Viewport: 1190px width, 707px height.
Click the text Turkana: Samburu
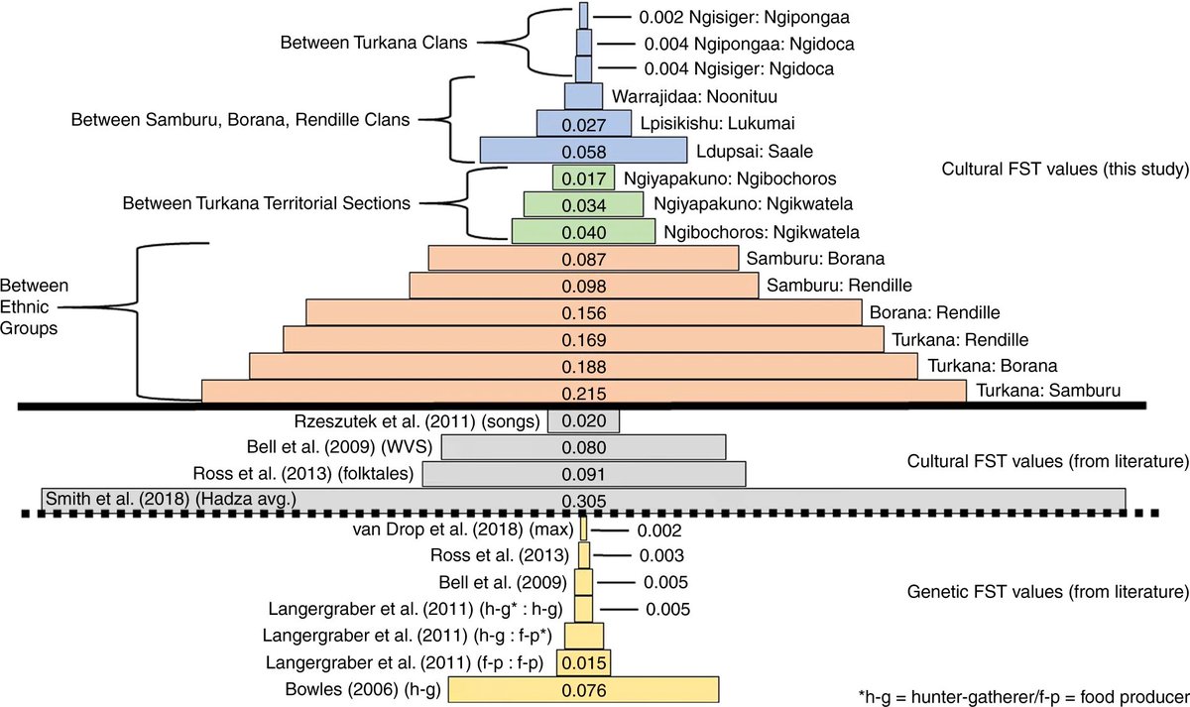[x=1049, y=391]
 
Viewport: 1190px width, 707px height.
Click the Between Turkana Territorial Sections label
[x=266, y=203]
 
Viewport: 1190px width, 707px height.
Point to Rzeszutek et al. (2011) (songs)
[x=417, y=420]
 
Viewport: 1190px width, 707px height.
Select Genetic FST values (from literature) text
[x=1047, y=593]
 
